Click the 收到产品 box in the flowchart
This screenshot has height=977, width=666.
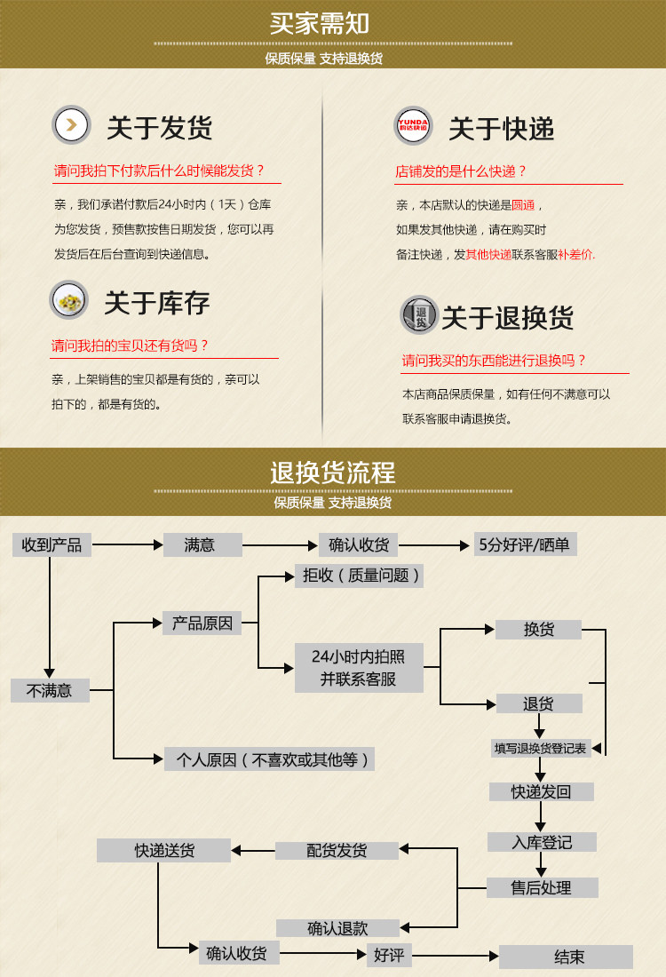[x=52, y=544]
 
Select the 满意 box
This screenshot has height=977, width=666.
[x=202, y=544]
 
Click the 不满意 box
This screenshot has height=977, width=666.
[x=50, y=690]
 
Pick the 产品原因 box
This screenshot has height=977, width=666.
[x=202, y=623]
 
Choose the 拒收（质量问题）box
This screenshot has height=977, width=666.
[x=359, y=576]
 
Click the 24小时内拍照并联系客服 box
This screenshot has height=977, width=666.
[x=359, y=668]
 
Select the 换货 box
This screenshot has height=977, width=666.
[x=538, y=629]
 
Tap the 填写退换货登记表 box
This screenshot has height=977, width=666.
[x=541, y=748]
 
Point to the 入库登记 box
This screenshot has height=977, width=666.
[x=542, y=842]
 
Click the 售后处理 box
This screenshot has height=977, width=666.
[x=542, y=887]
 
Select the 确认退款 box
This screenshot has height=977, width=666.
[x=337, y=928]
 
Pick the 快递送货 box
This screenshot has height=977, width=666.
[x=164, y=850]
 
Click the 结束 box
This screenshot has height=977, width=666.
[x=567, y=957]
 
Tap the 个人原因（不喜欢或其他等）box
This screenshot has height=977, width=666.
[x=269, y=759]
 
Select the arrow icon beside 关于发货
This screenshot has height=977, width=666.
[x=71, y=124]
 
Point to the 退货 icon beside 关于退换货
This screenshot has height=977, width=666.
[x=420, y=314]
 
